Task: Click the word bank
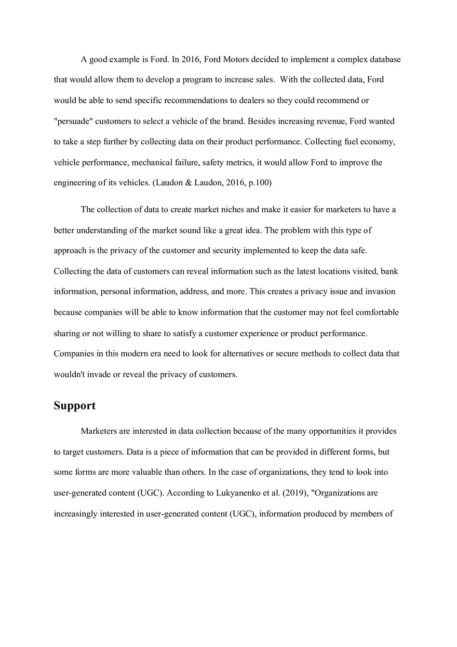pos(389,271)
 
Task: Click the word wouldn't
pos(69,374)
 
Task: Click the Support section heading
pos(75,405)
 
